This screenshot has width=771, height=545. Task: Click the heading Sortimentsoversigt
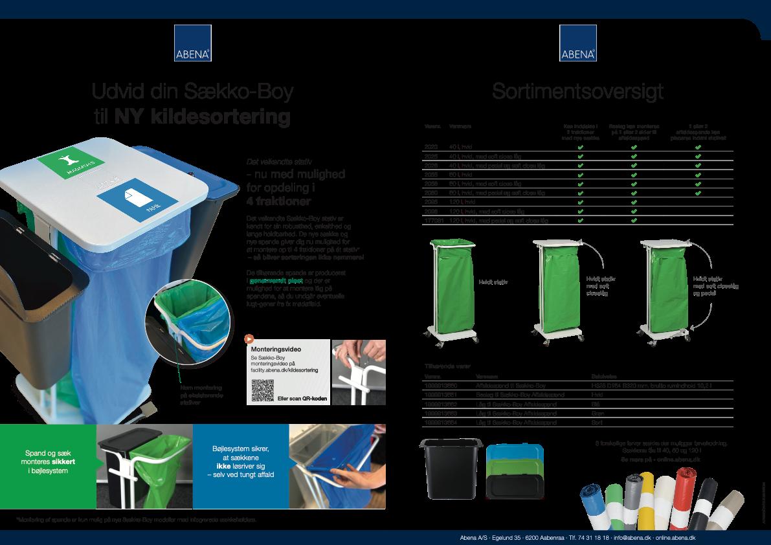pos(577,92)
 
